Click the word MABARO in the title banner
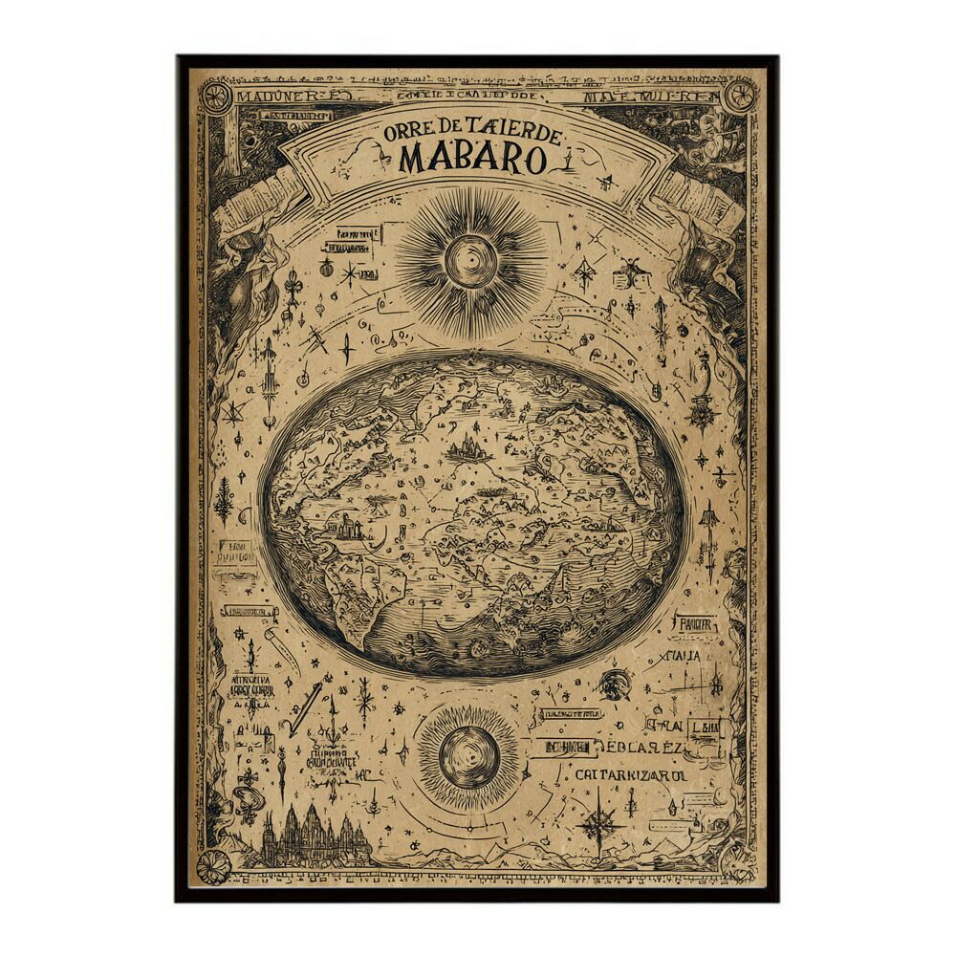473,158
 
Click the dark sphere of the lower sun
468,757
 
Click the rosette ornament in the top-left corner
215,97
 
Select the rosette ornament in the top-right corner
739,96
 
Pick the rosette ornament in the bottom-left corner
213,867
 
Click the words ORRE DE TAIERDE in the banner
472,131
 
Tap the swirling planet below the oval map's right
616,684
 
